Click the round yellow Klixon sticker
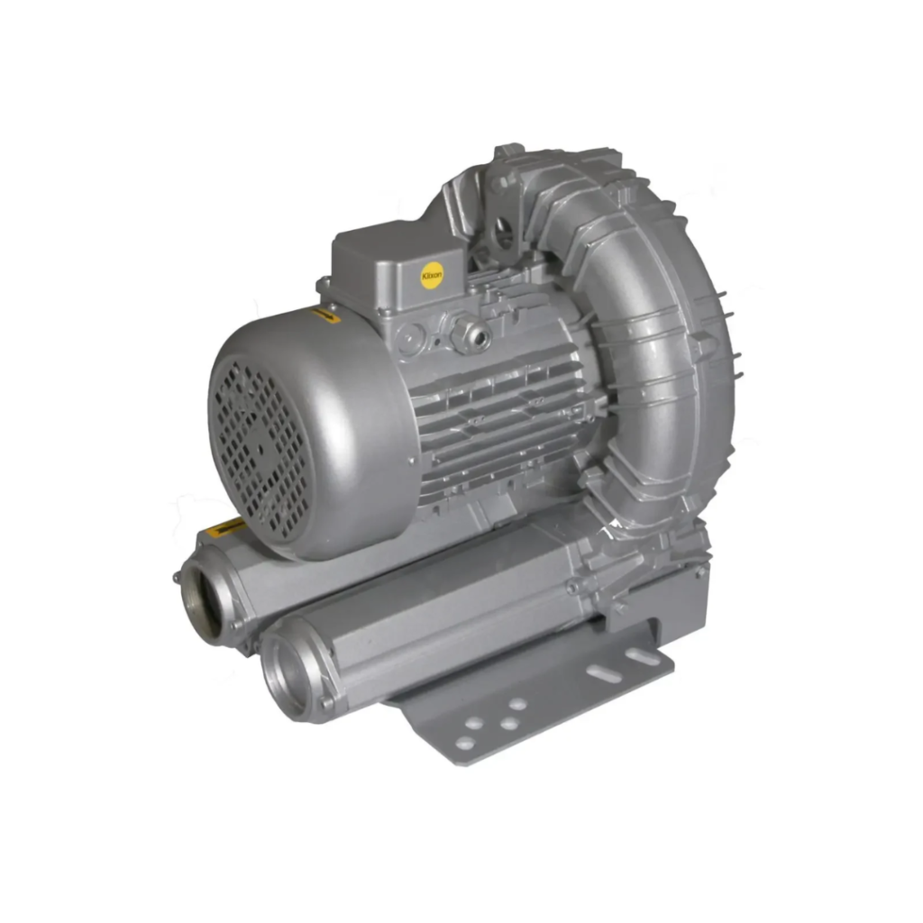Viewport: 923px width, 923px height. (433, 274)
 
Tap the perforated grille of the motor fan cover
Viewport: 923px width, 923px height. (258, 447)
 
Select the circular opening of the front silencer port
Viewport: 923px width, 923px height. (291, 674)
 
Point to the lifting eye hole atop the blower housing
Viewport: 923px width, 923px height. (502, 232)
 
